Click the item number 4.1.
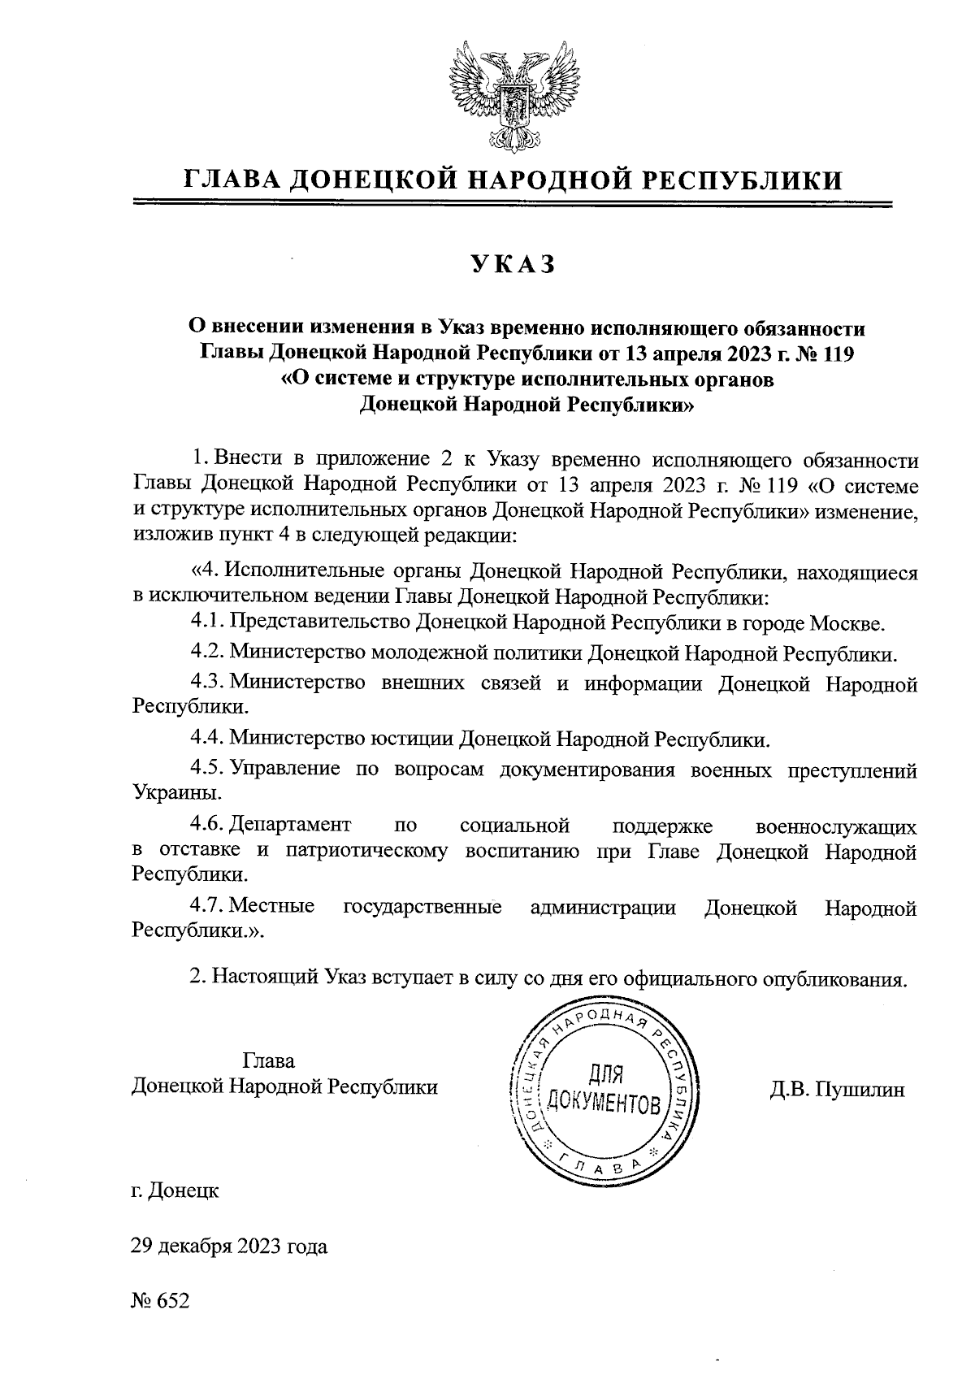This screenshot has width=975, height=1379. (x=206, y=623)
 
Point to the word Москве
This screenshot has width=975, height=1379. (x=847, y=623)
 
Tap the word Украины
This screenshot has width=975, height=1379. (x=175, y=791)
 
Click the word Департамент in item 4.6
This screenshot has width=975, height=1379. (x=290, y=826)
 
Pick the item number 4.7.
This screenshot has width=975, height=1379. (x=206, y=908)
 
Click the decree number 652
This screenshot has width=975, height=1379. (x=172, y=1300)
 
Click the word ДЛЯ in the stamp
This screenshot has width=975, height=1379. (x=604, y=1075)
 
